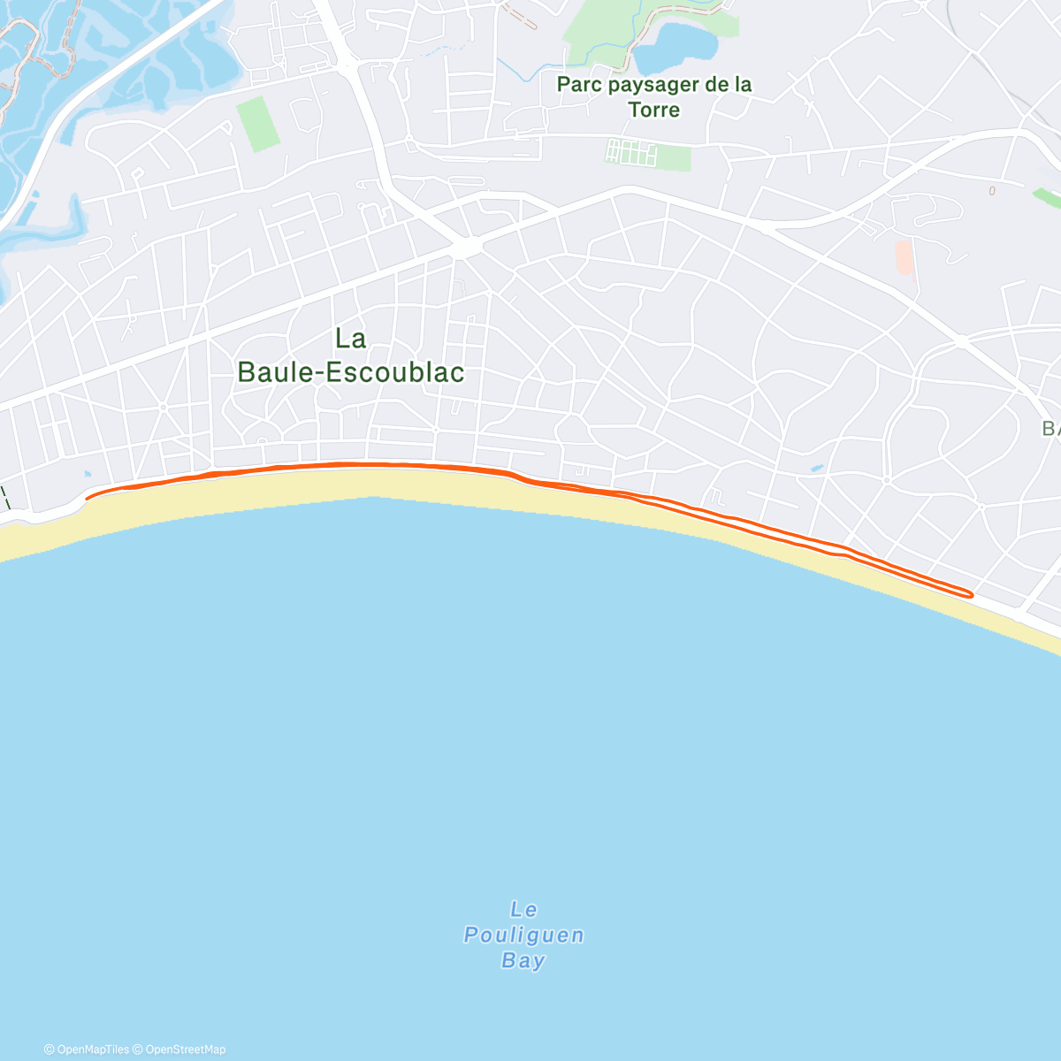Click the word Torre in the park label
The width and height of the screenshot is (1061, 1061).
654,110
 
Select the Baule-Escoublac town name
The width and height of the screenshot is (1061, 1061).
351,372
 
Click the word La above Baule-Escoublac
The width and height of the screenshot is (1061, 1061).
351,338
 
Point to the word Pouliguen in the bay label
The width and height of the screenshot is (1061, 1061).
524,935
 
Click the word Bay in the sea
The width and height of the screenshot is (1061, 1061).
523,961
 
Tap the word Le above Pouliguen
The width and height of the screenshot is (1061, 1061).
524,910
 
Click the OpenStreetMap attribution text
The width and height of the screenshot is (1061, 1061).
185,1050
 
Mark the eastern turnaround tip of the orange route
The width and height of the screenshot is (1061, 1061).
971,595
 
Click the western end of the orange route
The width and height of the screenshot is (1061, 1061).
88,498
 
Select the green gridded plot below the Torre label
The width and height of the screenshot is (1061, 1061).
632,153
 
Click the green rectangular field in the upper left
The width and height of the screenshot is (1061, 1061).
257,124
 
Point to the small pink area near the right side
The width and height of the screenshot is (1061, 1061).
904,256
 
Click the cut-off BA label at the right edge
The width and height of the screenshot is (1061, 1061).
1050,429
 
